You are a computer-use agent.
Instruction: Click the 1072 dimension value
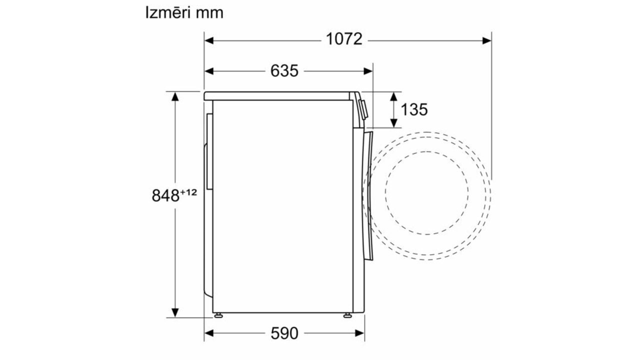[344, 39]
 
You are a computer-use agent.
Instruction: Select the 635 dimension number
[284, 70]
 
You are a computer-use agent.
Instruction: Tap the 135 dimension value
[414, 109]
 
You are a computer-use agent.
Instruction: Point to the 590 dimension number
[284, 333]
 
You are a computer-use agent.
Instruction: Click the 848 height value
[165, 195]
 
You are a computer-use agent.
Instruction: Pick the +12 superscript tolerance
[188, 192]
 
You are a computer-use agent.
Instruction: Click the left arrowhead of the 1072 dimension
[209, 40]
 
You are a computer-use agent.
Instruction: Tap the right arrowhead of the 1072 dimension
[487, 40]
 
